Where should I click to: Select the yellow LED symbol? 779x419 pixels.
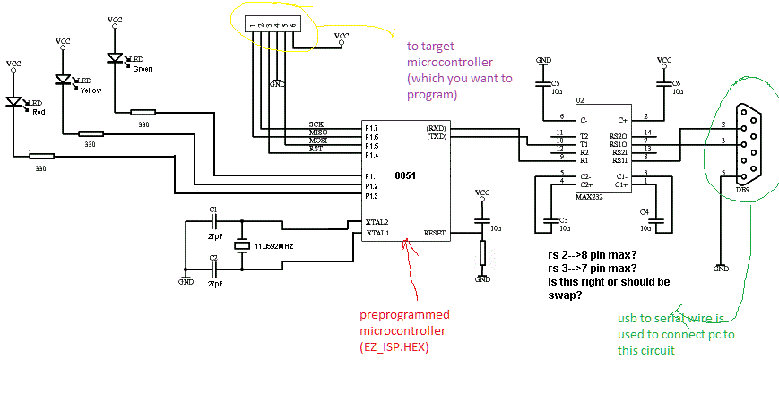point(64,80)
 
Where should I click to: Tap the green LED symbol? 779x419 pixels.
point(115,58)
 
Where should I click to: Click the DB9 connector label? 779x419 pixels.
point(741,190)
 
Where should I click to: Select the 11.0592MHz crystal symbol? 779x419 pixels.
point(240,245)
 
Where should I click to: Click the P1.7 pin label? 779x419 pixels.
point(372,128)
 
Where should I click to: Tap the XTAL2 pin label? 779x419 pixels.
point(377,221)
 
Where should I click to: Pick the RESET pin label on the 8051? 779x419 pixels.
point(436,233)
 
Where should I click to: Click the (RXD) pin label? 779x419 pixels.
point(437,128)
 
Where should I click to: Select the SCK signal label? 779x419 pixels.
point(316,124)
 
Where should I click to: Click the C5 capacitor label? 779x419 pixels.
point(555,81)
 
